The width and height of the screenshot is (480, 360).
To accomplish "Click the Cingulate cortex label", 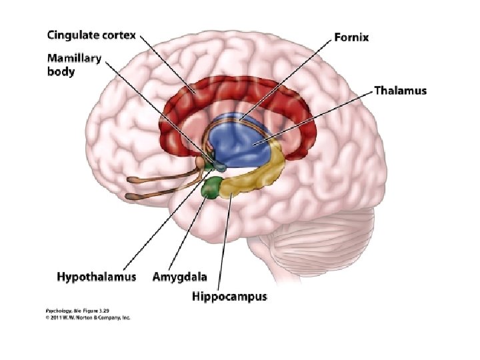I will (x=91, y=35).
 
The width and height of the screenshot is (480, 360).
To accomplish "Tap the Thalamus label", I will (x=400, y=90).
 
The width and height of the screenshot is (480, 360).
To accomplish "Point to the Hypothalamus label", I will (x=96, y=276).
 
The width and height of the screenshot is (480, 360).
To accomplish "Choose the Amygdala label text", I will (x=179, y=276).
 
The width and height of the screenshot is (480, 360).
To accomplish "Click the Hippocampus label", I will (x=230, y=296).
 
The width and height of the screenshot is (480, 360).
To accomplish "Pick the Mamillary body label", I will (x=74, y=64).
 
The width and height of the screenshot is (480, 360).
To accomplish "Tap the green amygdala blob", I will (x=213, y=187).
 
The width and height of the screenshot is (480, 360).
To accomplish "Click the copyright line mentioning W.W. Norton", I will (x=88, y=317).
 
